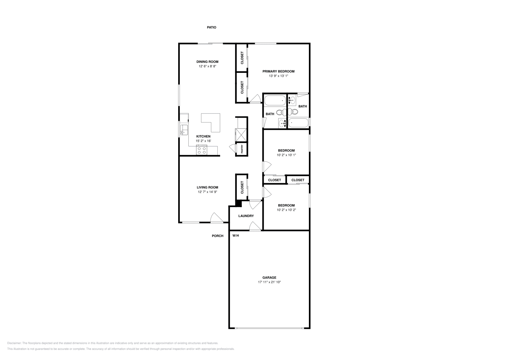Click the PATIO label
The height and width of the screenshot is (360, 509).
(212, 27)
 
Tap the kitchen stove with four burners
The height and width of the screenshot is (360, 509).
(202, 150)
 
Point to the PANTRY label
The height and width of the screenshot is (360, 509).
(242, 149)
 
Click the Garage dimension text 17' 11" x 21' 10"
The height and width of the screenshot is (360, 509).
(269, 282)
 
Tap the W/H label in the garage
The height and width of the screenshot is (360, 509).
(235, 236)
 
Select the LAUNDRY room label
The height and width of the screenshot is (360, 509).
(246, 216)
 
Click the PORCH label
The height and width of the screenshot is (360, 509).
(218, 236)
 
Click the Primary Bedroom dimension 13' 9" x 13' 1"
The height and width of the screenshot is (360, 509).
(278, 76)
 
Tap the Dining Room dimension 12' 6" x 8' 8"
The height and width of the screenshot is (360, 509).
(207, 66)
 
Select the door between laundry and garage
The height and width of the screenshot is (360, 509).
(255, 226)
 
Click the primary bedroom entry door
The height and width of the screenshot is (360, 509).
(255, 99)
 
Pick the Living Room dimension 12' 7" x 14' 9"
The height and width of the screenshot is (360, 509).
(207, 192)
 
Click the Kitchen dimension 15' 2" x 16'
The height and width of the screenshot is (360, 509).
(203, 141)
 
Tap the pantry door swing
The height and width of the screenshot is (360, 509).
(233, 148)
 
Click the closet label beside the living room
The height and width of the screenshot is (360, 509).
(242, 188)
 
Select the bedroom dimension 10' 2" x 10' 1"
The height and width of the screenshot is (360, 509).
(286, 155)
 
